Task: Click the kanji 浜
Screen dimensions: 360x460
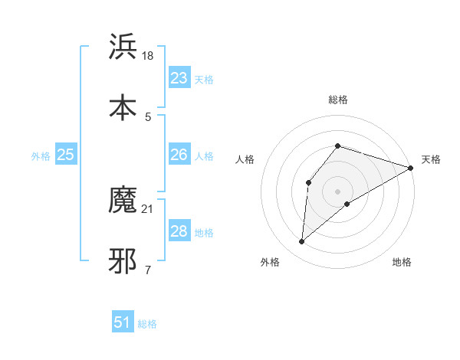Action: (123, 47)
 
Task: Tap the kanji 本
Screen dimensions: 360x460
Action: (123, 107)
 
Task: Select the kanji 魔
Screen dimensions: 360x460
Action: (123, 201)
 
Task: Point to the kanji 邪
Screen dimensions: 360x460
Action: (123, 261)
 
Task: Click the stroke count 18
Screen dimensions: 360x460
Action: (149, 56)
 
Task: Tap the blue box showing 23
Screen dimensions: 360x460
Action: (179, 78)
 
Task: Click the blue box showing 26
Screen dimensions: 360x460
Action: (179, 155)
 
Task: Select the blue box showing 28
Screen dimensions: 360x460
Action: (179, 231)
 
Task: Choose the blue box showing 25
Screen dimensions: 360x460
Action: (66, 155)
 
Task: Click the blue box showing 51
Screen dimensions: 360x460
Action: (123, 322)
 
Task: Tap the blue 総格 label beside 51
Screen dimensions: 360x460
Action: (147, 324)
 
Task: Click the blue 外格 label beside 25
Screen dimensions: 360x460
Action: (41, 156)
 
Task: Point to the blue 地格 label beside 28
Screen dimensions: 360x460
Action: (204, 233)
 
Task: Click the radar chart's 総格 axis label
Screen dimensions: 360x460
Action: (338, 100)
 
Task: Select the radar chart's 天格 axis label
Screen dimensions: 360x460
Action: (431, 159)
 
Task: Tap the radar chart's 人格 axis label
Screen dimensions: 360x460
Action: (245, 159)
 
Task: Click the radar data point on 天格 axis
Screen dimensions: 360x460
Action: (411, 168)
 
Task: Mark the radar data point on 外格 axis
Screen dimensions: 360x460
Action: (301, 242)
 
